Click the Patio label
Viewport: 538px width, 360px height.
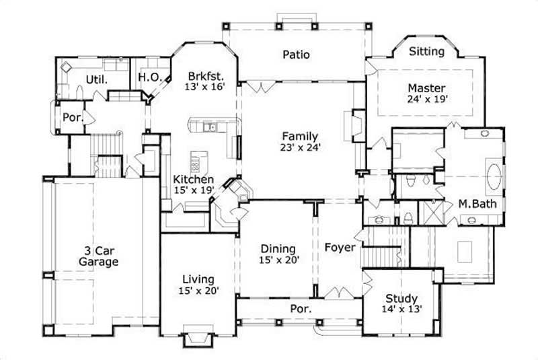pos(296,55)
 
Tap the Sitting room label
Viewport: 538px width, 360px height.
pos(426,51)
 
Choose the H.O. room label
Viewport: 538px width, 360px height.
pos(149,77)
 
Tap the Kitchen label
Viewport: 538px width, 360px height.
pos(194,180)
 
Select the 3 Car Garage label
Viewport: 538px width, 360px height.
pos(98,256)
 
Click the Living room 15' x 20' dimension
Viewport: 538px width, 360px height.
pos(198,291)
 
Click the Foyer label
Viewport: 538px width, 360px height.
pos(340,248)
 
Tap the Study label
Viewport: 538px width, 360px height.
pos(401,298)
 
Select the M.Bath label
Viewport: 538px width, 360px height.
pos(473,204)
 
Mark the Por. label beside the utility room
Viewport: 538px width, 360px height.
pos(73,117)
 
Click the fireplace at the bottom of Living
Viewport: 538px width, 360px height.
pos(198,338)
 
